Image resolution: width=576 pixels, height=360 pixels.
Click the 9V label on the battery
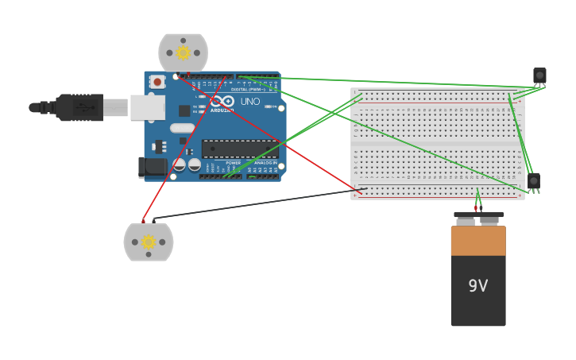[x=477, y=286]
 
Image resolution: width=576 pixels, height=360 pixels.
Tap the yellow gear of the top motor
[x=184, y=52]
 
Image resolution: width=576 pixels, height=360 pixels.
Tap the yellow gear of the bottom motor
[x=149, y=242]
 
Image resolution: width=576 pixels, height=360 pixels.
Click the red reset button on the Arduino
[x=157, y=81]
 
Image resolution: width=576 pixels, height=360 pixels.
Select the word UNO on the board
[x=249, y=102]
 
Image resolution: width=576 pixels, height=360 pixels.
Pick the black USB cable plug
[x=79, y=107]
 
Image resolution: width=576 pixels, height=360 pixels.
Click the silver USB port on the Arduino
[x=147, y=107]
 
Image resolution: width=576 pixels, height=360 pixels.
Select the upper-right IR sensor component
[x=539, y=75]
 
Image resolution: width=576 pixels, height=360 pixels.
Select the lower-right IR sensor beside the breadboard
[x=534, y=181]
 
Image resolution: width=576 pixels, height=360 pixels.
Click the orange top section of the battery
[x=478, y=240]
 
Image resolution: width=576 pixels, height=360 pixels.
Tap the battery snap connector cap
[x=478, y=215]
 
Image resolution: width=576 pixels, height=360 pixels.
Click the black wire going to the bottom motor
[x=254, y=203]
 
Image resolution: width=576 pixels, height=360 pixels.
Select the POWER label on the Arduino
[x=233, y=163]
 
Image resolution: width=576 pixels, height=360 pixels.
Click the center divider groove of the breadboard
[x=437, y=144]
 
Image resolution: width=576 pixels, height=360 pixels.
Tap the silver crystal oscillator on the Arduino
[x=182, y=128]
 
